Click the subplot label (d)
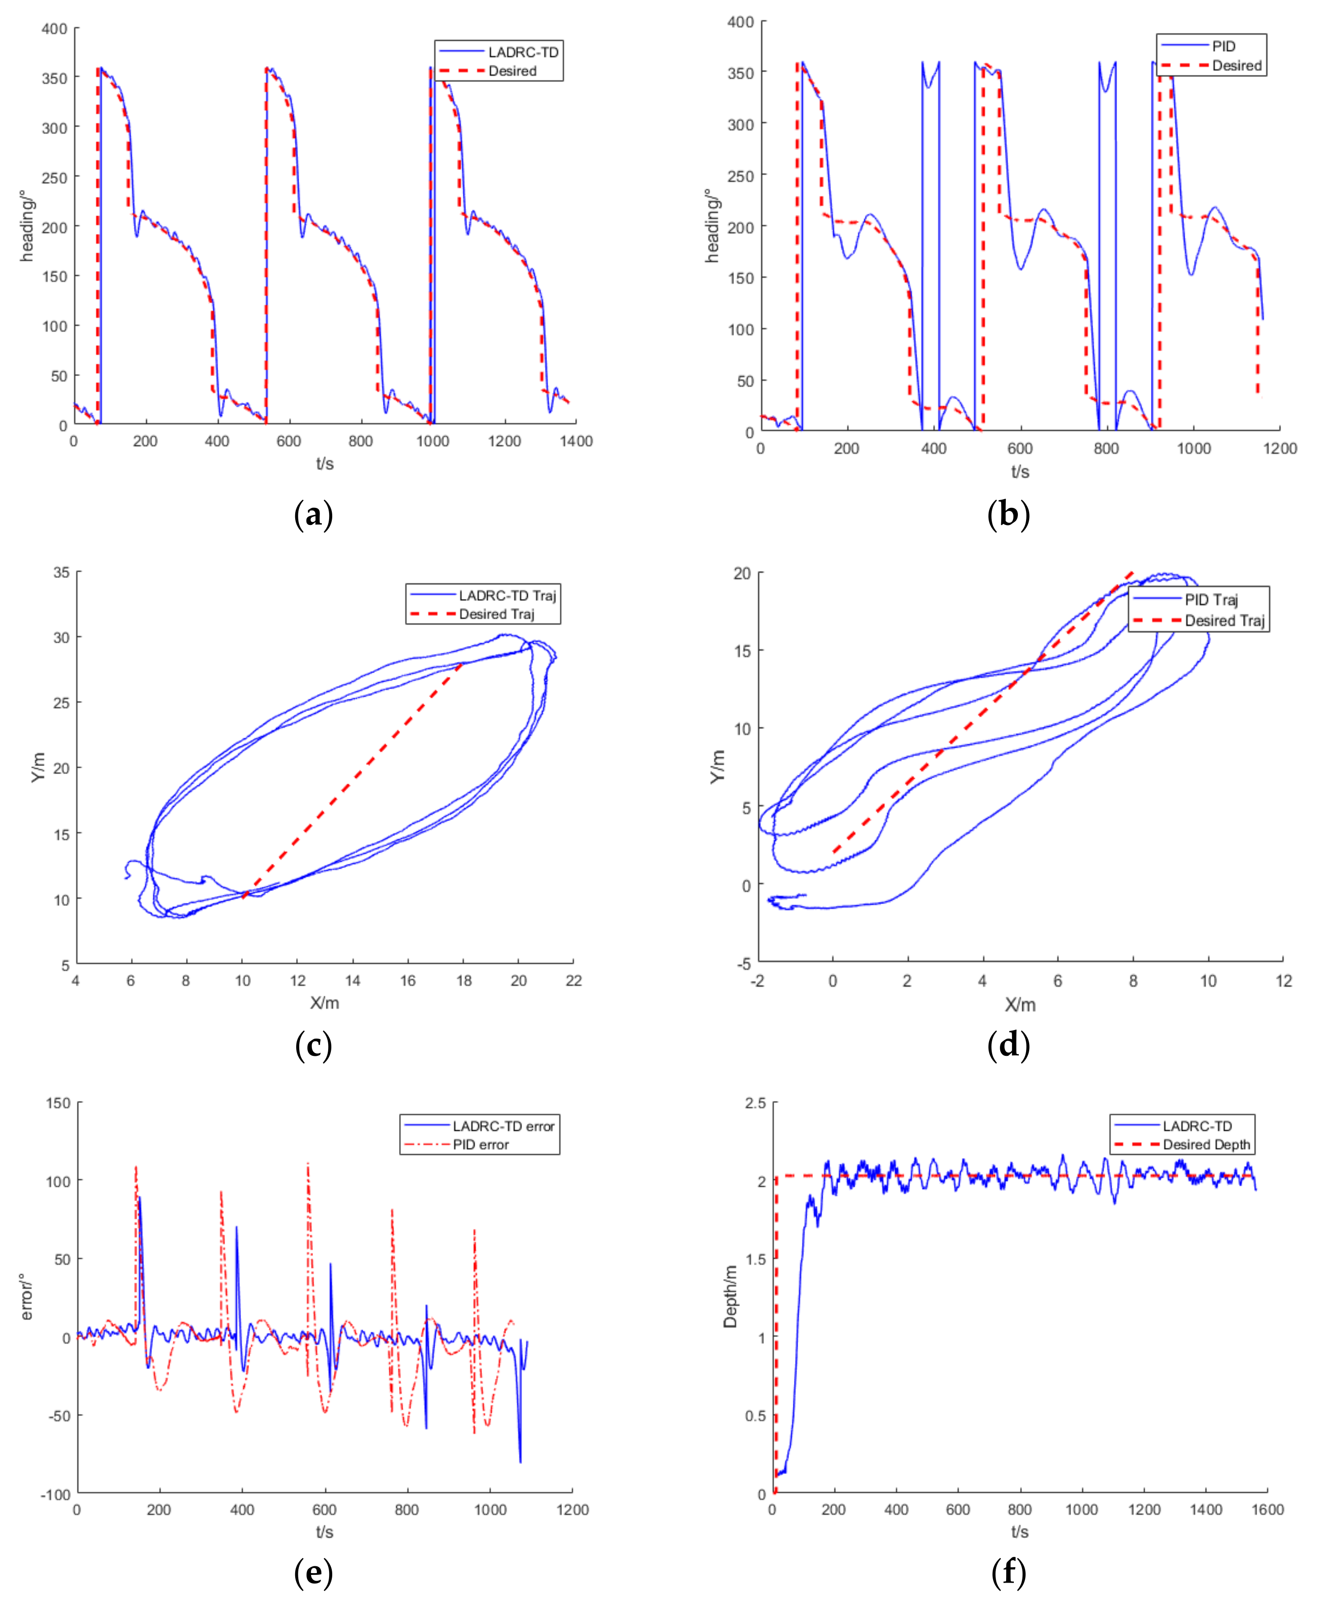[1008, 1045]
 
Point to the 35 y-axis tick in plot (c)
[61, 573]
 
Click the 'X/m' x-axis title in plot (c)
[325, 1003]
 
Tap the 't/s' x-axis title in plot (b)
[1020, 472]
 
